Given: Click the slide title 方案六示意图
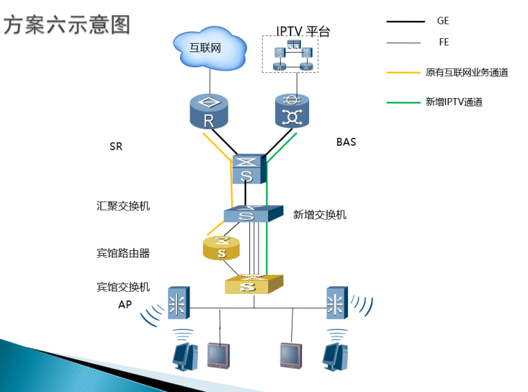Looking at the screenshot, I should pos(67,25).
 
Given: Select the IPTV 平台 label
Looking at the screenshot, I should pos(303,31).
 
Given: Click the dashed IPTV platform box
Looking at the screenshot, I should pos(290,55).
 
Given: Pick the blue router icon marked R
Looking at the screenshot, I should pos(208,112).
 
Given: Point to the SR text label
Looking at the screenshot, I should pos(116,147).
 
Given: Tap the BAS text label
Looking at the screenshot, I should pos(346,142).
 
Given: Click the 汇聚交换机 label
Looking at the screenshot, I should pos(123,206).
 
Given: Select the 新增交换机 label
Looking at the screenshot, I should pos(320,215).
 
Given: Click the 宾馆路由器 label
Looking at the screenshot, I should pos(123,253).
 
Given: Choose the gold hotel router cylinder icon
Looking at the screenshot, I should pos(222,248).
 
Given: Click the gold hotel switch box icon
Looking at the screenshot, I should pos(254,284).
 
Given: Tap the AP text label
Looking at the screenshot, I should pos(125,304).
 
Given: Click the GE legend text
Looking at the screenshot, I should pos(443,21).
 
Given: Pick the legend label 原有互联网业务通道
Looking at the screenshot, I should pos(466,72).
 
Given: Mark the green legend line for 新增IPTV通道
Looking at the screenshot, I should pos(404,102).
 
